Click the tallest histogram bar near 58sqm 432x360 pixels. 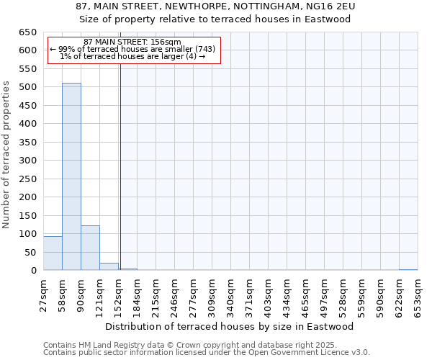click(71, 176)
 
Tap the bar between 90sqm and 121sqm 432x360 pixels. click(90, 248)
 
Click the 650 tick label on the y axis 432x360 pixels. click(27, 32)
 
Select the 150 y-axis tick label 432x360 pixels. click(27, 215)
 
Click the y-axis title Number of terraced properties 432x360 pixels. click(7, 155)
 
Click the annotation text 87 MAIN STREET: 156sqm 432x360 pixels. click(132, 42)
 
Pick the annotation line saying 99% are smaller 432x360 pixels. click(132, 50)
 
